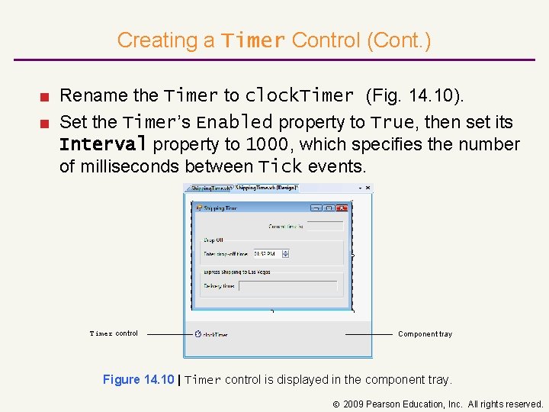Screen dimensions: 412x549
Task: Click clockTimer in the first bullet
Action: [299, 96]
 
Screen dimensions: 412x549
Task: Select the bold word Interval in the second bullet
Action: [102, 145]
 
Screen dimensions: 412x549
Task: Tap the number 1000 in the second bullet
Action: [266, 145]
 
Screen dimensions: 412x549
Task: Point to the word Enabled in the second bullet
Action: [234, 122]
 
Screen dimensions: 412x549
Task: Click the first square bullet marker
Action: [45, 97]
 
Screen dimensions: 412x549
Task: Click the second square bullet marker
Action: [45, 123]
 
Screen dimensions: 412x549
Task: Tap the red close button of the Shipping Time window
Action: [341, 208]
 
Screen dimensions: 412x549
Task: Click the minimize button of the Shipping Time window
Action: [316, 208]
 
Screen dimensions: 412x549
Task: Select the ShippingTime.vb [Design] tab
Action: [267, 188]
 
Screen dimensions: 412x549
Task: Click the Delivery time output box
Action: [288, 286]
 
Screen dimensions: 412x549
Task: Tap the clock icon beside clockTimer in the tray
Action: [197, 333]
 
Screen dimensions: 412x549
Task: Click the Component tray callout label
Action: [425, 334]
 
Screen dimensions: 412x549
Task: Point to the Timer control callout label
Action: [114, 333]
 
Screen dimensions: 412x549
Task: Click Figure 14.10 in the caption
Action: [137, 380]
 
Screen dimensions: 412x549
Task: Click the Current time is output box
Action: [325, 226]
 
